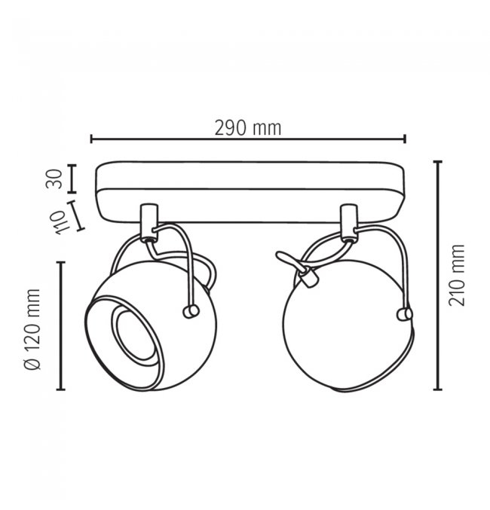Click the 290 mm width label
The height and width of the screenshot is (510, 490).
pyautogui.click(x=248, y=128)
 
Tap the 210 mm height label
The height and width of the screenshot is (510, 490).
pyautogui.click(x=456, y=275)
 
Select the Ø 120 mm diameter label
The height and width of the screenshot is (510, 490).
pyautogui.click(x=32, y=329)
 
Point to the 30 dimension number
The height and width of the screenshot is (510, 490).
pyautogui.click(x=54, y=179)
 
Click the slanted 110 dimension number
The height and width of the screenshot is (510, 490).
pyautogui.click(x=60, y=222)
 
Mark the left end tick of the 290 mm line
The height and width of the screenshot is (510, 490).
pyautogui.click(x=91, y=139)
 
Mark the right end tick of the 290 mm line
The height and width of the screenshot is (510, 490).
pyautogui.click(x=405, y=139)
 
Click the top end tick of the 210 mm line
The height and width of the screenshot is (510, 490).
pyautogui.click(x=437, y=161)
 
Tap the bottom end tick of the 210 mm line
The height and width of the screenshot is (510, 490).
pyautogui.click(x=437, y=389)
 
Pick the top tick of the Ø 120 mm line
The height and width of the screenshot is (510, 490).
pyautogui.click(x=61, y=262)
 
